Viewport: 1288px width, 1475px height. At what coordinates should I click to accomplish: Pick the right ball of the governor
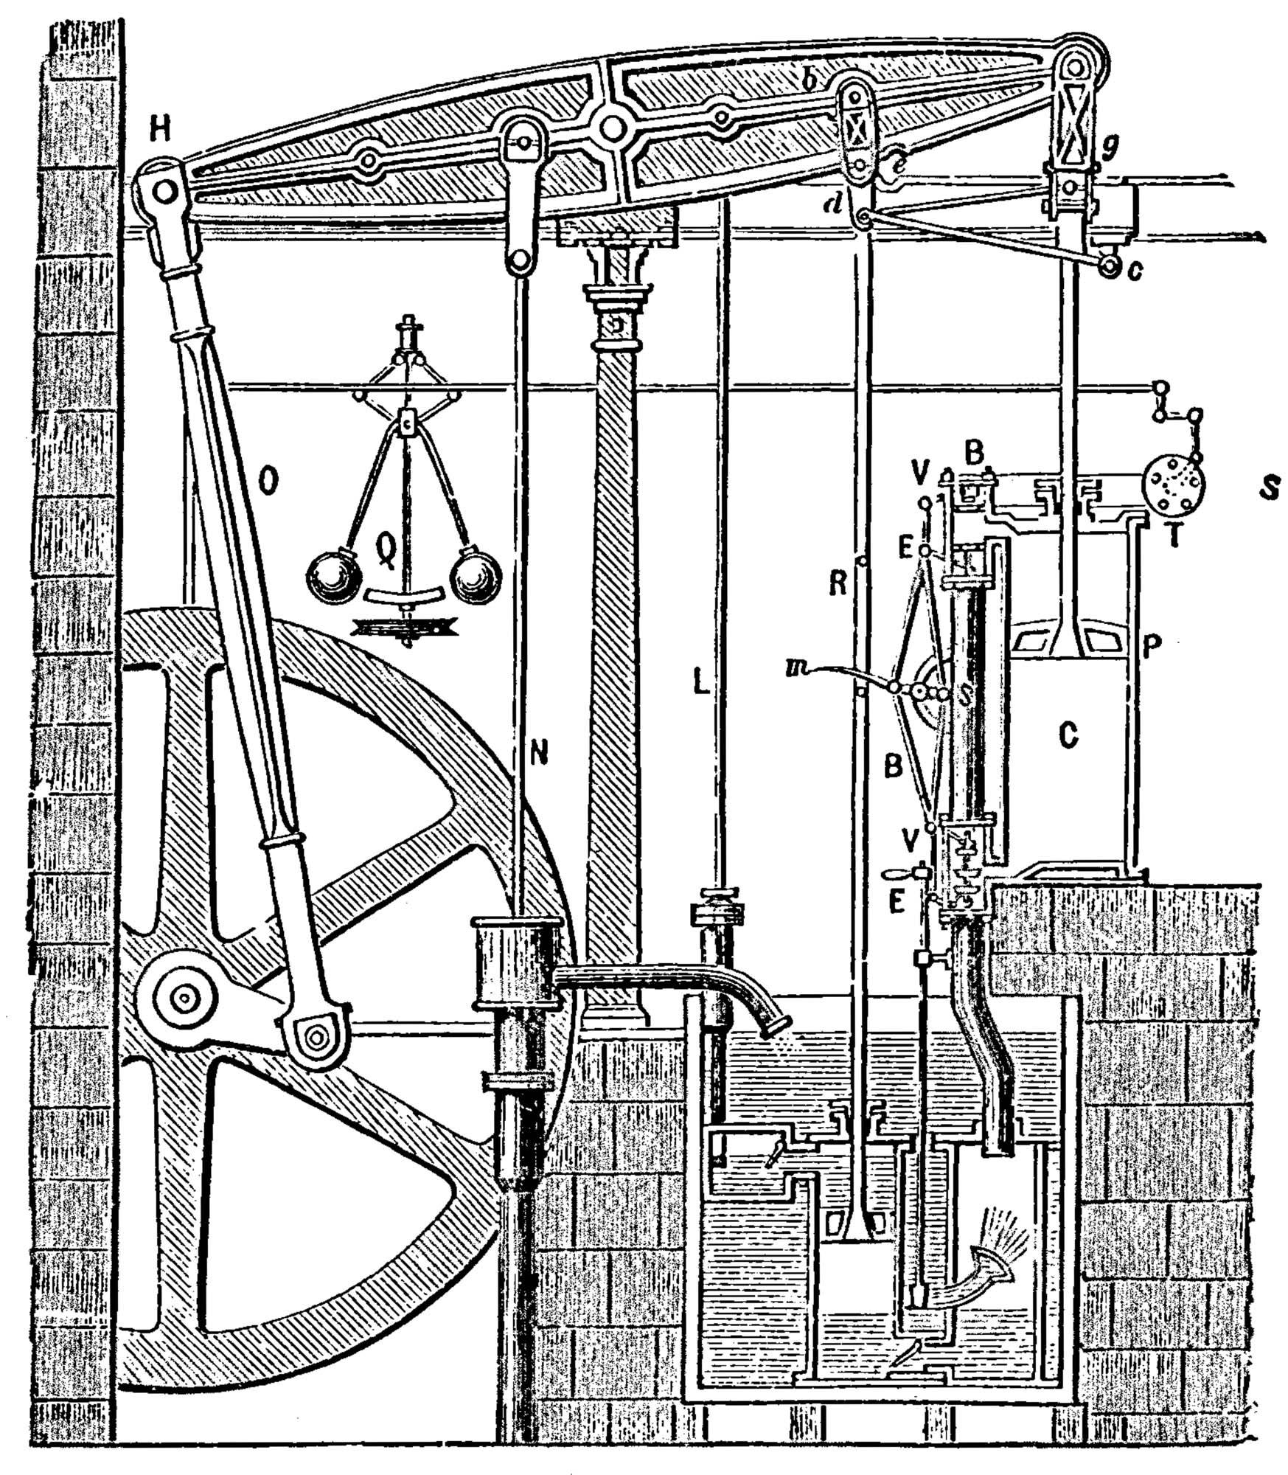477,574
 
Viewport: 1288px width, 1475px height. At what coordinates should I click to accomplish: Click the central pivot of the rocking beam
610,128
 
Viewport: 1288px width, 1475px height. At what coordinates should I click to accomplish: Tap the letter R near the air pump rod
837,583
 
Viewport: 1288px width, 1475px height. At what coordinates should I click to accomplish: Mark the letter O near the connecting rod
270,482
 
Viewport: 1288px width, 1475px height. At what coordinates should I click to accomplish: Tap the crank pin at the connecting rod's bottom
316,1036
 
